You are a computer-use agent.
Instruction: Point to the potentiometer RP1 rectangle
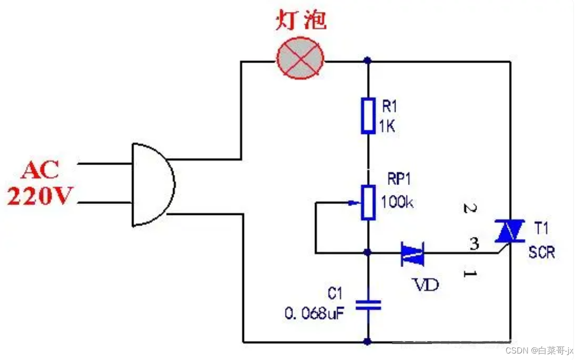(x=368, y=202)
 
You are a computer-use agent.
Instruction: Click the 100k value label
(x=397, y=202)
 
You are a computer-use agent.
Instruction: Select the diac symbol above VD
(x=412, y=253)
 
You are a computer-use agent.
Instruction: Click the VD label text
(x=425, y=285)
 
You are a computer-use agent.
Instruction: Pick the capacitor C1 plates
(x=368, y=305)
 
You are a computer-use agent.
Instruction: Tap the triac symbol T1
(x=509, y=231)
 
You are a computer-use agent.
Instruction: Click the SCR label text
(x=542, y=252)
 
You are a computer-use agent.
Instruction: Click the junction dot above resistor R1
(x=368, y=61)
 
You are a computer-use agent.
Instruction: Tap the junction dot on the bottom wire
(x=368, y=342)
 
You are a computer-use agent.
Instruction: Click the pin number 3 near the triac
(x=474, y=244)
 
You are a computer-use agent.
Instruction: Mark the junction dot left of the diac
(x=368, y=252)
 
